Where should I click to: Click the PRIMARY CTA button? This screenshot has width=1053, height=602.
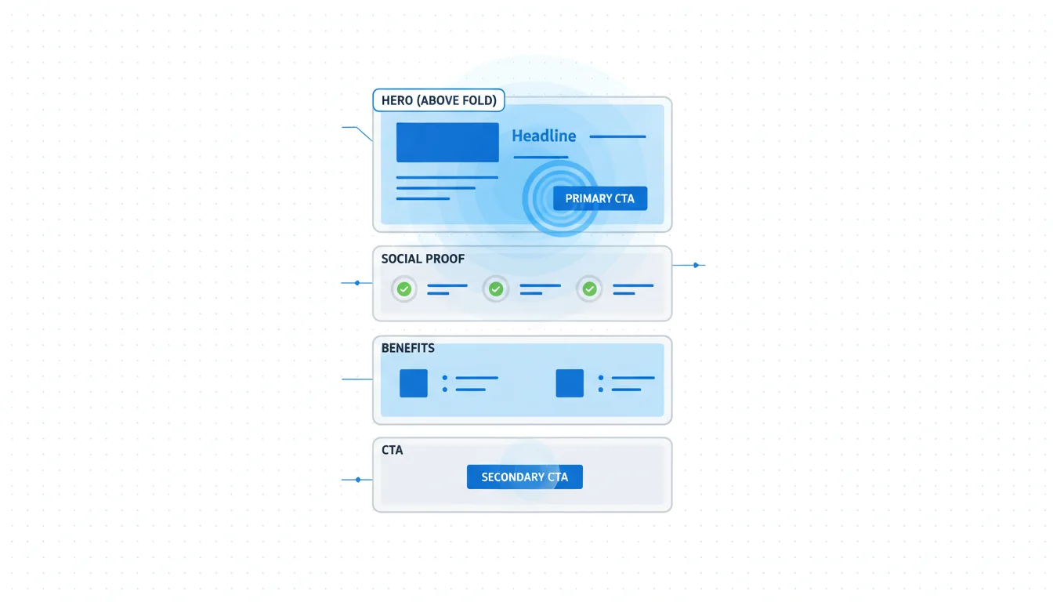pos(600,198)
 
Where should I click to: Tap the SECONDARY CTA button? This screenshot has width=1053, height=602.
pos(524,477)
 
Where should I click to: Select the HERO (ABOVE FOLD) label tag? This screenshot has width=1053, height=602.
pos(439,100)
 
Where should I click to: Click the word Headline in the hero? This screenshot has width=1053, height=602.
pos(544,136)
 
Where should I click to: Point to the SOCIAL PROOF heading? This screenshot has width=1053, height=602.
pos(423,259)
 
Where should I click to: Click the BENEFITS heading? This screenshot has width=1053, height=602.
pos(407,348)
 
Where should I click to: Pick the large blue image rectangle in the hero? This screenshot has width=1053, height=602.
pos(447,142)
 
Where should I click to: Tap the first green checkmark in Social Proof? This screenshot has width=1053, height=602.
pos(404,289)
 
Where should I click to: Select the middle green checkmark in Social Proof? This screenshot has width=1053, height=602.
pos(496,289)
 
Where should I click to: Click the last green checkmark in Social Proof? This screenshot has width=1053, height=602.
pos(589,289)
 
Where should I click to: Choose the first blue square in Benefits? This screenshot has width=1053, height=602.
pos(414,383)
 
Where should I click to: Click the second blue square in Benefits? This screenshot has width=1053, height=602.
pos(570,383)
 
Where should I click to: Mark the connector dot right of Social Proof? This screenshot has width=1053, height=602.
pos(696,265)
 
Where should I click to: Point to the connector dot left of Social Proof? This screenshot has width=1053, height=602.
pos(357,282)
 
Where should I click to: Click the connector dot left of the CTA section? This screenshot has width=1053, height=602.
pos(358,479)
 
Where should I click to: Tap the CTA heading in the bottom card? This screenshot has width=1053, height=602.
pos(392,451)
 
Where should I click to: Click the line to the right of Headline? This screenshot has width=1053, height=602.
pos(617,136)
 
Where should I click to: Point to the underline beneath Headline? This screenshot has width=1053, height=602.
pos(541,157)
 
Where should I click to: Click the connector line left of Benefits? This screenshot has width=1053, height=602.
pos(357,379)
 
